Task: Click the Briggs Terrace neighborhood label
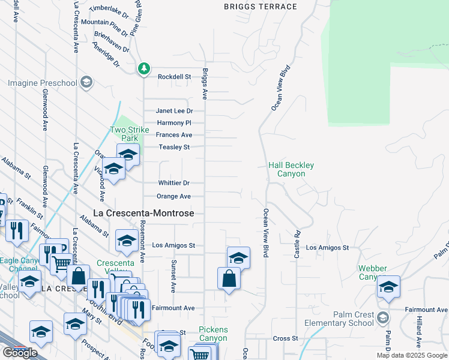(260, 7)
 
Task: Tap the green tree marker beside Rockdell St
(143, 69)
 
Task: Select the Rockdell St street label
(174, 77)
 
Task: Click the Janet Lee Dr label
(174, 111)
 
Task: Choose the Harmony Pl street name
(174, 123)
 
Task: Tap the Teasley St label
(174, 147)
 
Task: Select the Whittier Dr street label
(174, 183)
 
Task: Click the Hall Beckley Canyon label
(291, 169)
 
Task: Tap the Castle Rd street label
(297, 244)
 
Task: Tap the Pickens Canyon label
(214, 335)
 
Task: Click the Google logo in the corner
(20, 353)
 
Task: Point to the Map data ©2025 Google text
(412, 356)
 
